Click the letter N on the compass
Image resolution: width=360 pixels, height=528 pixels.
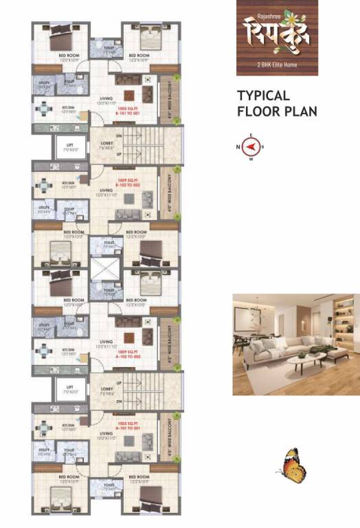tap(238, 146)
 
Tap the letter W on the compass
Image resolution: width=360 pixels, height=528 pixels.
tap(251, 159)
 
